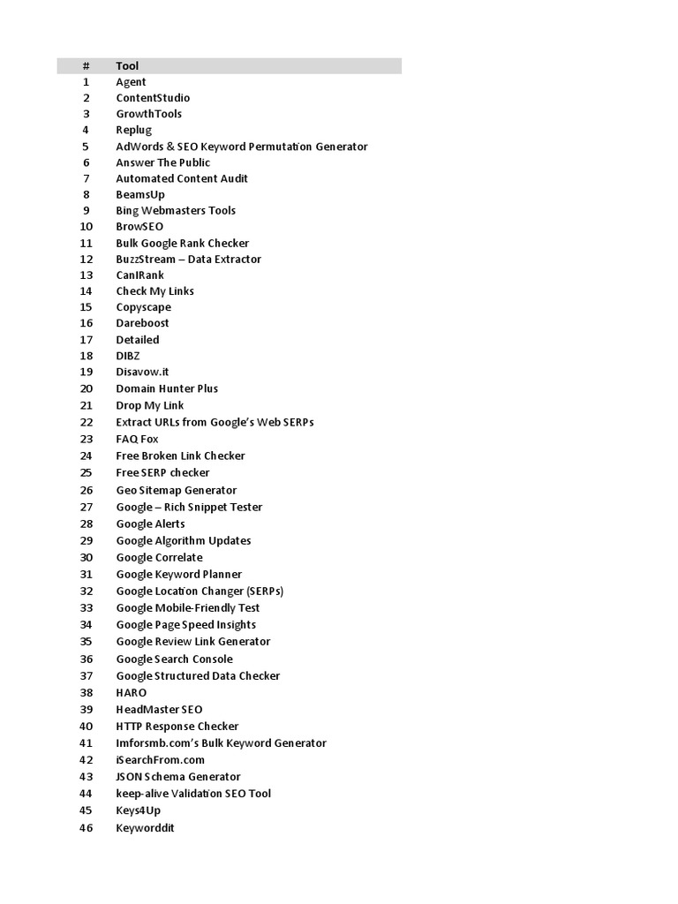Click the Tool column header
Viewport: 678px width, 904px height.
click(127, 66)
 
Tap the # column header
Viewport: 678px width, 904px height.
click(87, 66)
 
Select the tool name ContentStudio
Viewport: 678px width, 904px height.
click(153, 98)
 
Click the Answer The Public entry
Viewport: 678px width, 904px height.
click(162, 162)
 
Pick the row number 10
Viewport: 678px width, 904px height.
click(87, 227)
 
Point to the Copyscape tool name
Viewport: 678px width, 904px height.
click(143, 307)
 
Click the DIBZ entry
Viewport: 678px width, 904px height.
click(128, 356)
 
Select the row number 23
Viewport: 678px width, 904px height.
click(87, 439)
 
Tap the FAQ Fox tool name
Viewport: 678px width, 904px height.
click(137, 439)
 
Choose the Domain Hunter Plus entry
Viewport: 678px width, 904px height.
click(167, 388)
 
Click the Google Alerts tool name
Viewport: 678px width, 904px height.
click(150, 524)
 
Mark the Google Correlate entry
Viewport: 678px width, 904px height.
click(159, 557)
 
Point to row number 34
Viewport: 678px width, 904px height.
click(87, 625)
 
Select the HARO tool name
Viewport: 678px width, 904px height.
click(132, 693)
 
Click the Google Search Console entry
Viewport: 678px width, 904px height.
click(174, 659)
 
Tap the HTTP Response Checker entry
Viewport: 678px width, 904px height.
click(177, 727)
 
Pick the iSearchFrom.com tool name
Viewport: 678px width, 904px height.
click(160, 760)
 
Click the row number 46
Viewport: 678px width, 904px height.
click(87, 828)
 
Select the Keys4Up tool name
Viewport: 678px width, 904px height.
click(139, 810)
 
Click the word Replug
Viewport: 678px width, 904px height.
click(134, 130)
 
